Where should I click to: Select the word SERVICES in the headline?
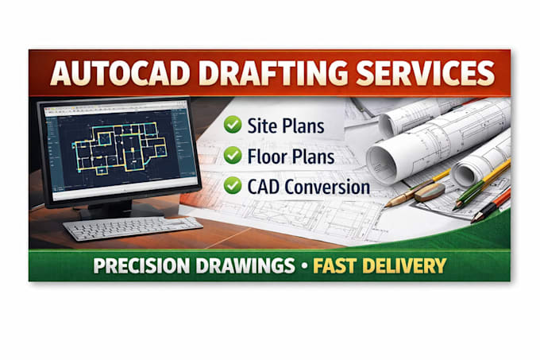[426, 73]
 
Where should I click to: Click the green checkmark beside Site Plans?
[233, 124]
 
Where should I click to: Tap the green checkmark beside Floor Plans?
[233, 155]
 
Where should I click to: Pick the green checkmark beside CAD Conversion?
[233, 185]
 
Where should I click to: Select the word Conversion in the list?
[327, 187]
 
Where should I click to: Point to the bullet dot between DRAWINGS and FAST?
[304, 266]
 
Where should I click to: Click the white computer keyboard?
[133, 228]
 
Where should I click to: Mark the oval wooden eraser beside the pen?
[430, 192]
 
